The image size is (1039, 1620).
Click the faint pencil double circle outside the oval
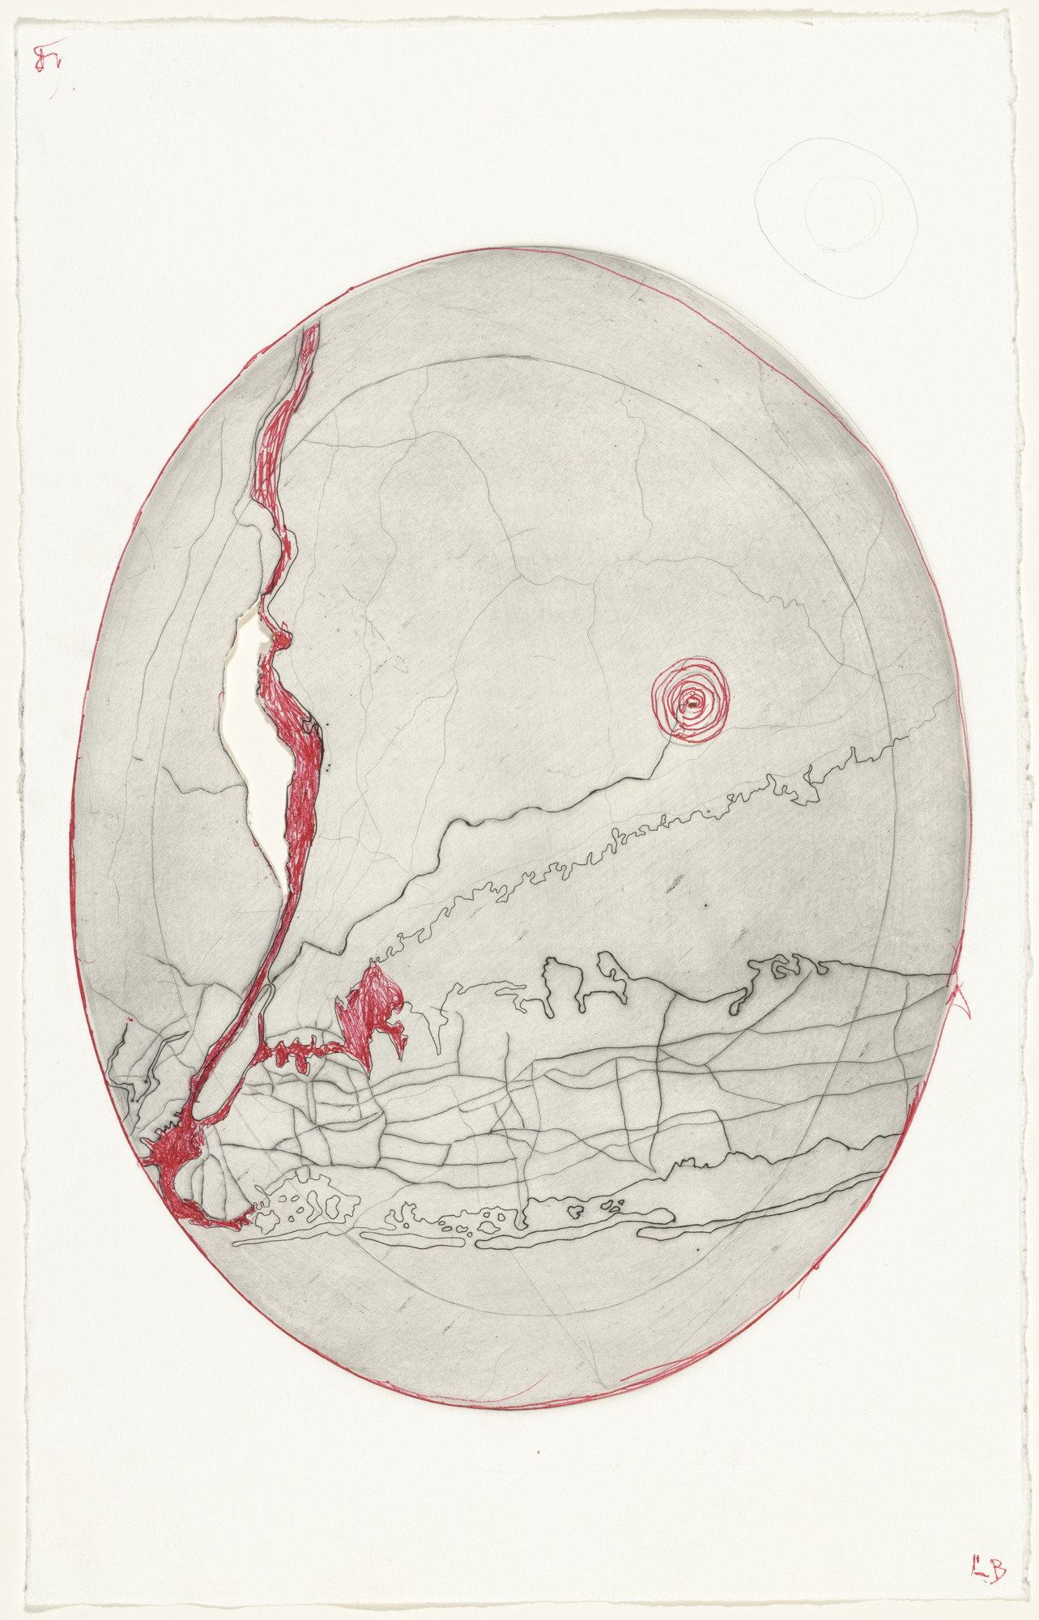tap(834, 217)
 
